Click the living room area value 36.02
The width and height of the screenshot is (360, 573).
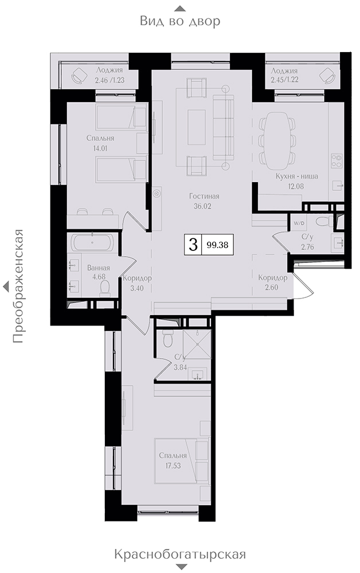coord(202,206)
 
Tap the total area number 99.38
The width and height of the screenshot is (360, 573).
coord(217,245)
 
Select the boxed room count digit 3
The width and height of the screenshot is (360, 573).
coord(193,244)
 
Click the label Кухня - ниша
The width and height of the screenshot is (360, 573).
coord(296,176)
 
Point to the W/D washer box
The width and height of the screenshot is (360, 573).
coord(296,222)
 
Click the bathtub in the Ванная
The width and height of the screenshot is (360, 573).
coord(93,242)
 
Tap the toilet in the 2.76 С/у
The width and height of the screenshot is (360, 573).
coord(323,221)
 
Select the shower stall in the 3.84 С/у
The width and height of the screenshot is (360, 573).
coord(197,345)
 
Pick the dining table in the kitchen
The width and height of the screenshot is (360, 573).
coord(277,141)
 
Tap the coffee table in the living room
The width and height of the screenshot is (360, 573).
coord(197,127)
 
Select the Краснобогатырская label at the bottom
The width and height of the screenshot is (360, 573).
coord(180,554)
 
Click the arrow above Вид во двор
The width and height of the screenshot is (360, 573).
coord(180,9)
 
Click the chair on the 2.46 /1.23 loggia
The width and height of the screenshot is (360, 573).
coord(79,76)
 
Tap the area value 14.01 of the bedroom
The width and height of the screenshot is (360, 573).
coord(100,148)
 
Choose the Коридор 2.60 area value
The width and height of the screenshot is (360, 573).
coord(272,287)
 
